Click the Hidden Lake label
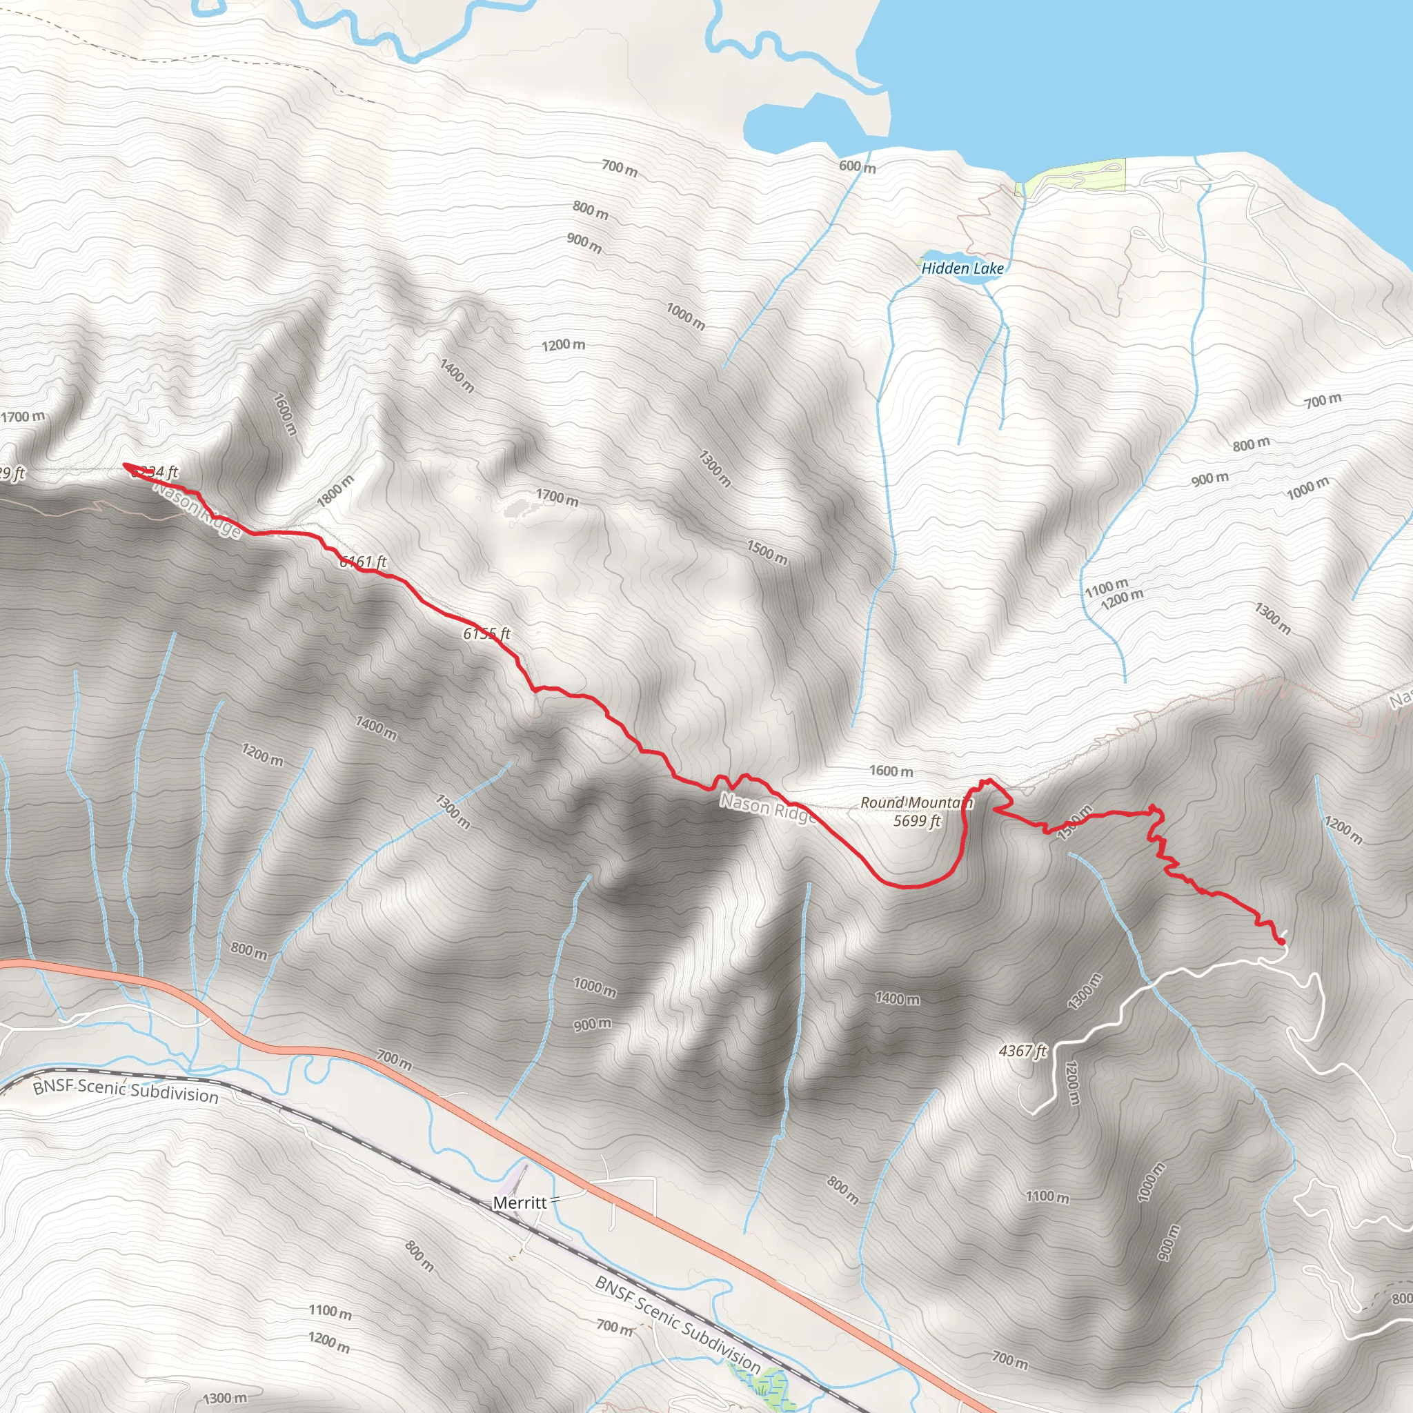962,268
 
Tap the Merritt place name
520,1203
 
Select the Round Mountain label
916,802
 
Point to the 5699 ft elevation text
916,820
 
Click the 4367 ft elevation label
1022,1051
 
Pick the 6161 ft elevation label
363,562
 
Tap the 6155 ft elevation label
486,633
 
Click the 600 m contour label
857,167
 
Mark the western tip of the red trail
124,464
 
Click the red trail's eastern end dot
1282,941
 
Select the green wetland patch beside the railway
764,1382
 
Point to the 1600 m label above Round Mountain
891,771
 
